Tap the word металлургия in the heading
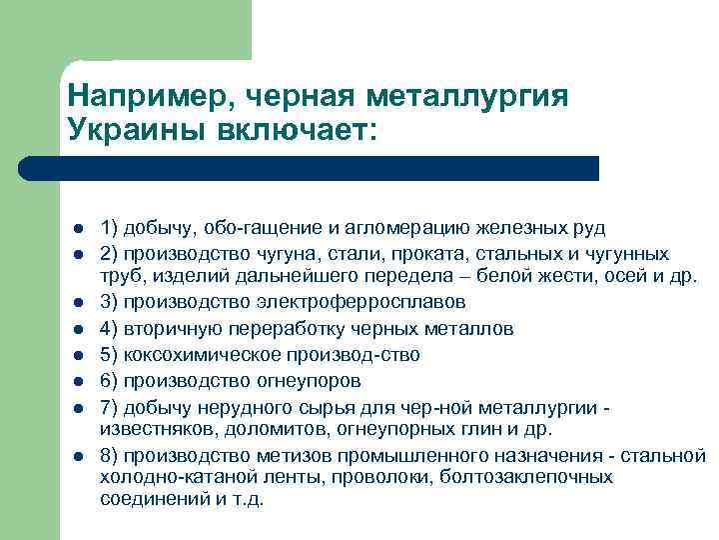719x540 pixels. [469, 96]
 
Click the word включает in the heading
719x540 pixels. [300, 131]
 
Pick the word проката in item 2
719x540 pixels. [416, 254]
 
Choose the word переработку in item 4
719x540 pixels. [272, 328]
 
